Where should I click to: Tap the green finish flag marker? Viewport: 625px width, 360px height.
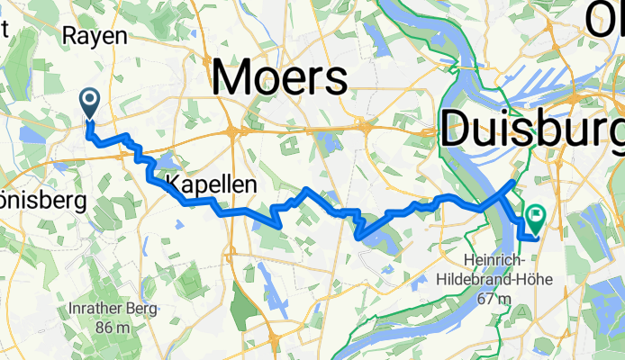click(537, 215)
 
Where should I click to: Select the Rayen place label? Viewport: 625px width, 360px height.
click(94, 37)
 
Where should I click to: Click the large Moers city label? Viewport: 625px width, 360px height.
click(280, 78)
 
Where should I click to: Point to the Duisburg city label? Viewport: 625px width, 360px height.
click(531, 130)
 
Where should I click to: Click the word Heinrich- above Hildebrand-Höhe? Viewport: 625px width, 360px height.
click(498, 260)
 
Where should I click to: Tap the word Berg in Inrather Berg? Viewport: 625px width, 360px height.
click(142, 309)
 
